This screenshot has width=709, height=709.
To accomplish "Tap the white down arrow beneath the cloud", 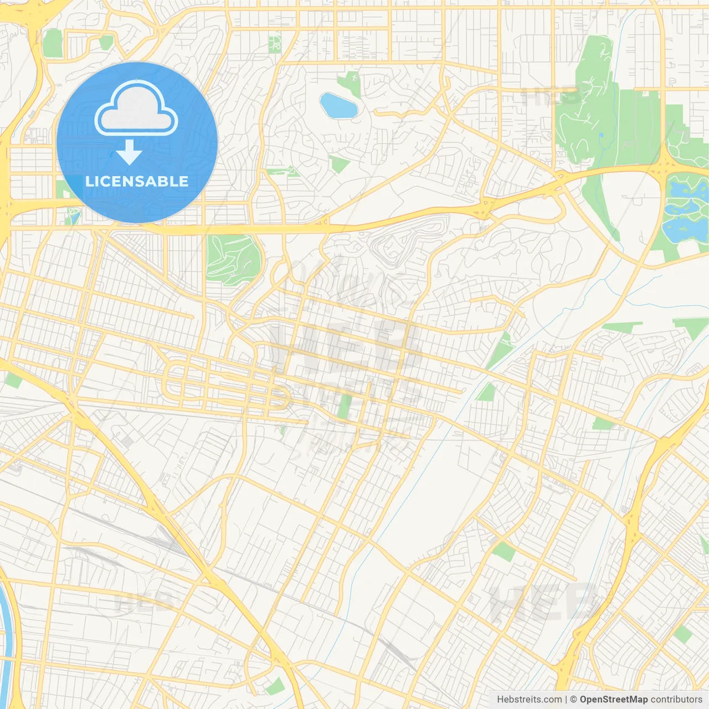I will click(x=129, y=152).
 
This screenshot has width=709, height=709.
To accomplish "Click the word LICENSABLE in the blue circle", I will click(x=137, y=181).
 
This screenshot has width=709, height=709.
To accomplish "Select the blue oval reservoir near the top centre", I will click(x=338, y=105).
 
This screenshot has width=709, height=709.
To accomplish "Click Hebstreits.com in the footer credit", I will click(x=529, y=699).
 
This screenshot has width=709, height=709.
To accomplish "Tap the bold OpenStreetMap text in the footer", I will click(x=614, y=699).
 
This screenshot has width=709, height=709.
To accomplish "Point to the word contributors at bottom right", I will click(x=676, y=699).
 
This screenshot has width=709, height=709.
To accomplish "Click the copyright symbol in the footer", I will click(x=573, y=699).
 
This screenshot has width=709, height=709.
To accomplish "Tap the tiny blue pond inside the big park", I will click(x=601, y=135).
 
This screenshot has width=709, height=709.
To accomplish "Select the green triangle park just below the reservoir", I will click(x=339, y=164).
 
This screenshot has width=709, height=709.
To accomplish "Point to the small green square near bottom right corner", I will click(x=683, y=634).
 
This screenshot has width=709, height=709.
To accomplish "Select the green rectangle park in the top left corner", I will click(x=53, y=43).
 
